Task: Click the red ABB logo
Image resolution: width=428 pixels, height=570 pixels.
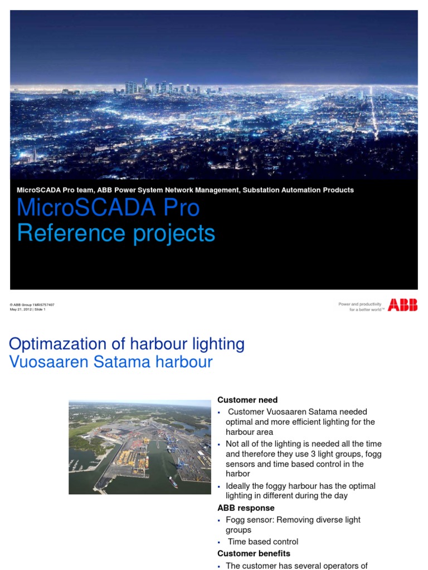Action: coord(402,305)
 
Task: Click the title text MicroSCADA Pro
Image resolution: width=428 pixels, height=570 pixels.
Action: coord(108,208)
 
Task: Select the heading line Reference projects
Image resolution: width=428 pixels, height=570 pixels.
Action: coord(116,233)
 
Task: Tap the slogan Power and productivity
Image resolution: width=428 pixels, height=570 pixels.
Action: coord(360,304)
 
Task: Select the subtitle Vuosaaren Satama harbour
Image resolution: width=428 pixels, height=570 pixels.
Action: coord(111,362)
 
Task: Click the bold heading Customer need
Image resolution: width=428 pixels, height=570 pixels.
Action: coord(247,400)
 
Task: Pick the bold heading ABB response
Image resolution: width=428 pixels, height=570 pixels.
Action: coord(246,508)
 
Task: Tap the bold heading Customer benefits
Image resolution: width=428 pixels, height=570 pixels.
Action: coord(254,553)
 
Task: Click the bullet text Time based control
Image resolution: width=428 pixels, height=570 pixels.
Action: coord(263,542)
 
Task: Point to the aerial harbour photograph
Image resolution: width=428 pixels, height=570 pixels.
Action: coord(140,447)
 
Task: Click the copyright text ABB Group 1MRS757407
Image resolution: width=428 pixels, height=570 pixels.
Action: coord(33,305)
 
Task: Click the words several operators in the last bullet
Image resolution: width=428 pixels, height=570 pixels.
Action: coord(320,566)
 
